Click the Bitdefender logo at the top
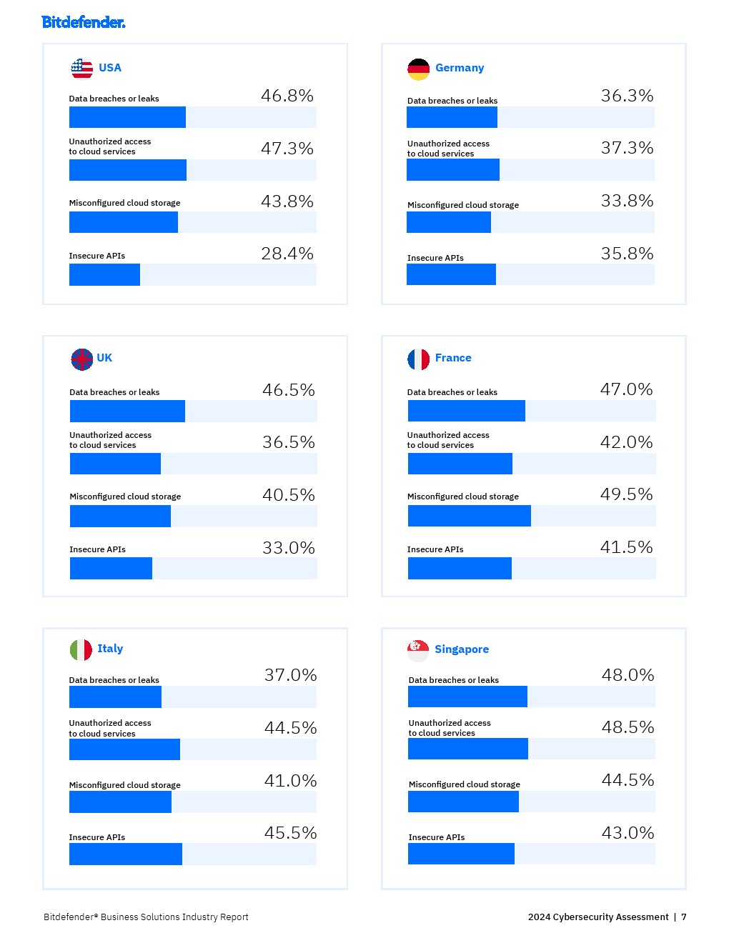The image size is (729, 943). click(x=84, y=22)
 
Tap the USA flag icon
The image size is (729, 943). click(x=82, y=69)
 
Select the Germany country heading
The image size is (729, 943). click(x=460, y=68)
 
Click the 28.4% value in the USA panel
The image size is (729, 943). click(x=287, y=254)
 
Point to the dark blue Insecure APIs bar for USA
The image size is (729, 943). click(x=104, y=275)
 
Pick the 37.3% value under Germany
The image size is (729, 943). click(x=627, y=148)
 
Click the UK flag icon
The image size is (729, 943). click(x=82, y=359)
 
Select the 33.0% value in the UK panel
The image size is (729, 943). click(x=288, y=548)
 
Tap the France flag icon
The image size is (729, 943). click(x=419, y=359)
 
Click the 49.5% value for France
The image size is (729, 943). click(x=626, y=494)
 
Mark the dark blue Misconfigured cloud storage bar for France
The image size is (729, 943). click(x=469, y=516)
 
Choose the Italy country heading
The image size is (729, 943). click(x=110, y=649)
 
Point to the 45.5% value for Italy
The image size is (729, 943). click(x=290, y=833)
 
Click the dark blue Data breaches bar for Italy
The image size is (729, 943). click(x=115, y=697)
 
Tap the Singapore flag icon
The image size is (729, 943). click(x=418, y=650)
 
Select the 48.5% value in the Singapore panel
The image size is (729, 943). click(x=628, y=727)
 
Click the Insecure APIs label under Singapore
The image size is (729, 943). click(x=437, y=837)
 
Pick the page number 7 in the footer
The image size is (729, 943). click(x=684, y=917)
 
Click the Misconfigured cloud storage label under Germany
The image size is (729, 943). click(x=463, y=205)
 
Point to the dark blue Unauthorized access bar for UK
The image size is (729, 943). click(x=115, y=464)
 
